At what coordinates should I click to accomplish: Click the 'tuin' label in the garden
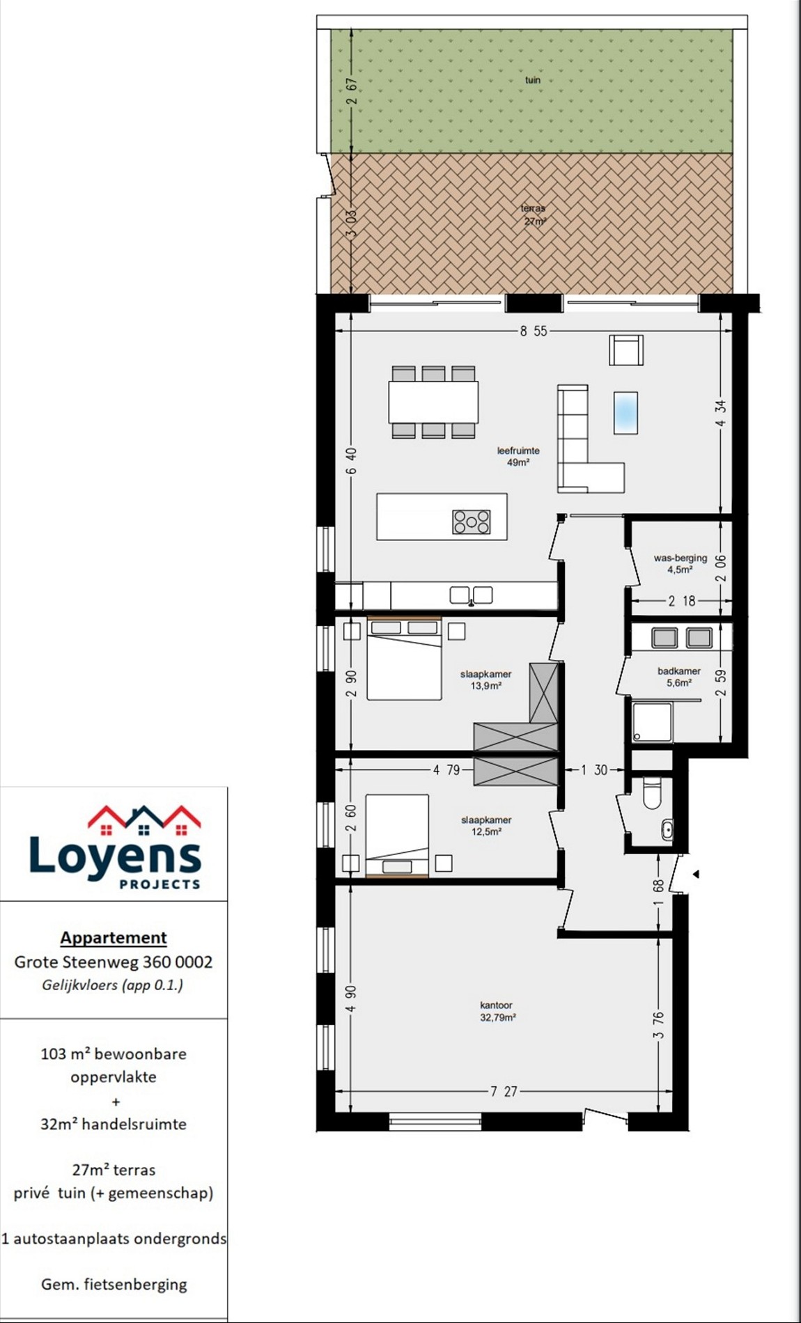coord(533,80)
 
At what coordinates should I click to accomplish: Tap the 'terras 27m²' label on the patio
coord(534,214)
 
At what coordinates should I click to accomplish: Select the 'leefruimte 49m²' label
coord(518,456)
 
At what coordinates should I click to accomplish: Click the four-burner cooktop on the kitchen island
coord(472,522)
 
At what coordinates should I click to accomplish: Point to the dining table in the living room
coord(433,402)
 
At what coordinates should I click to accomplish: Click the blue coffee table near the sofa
coord(625,413)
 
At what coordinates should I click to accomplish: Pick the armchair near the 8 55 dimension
coord(626,350)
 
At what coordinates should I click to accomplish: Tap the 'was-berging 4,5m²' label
coord(680,563)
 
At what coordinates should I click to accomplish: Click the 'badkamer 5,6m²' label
coord(679,677)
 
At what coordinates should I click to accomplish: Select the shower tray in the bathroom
coord(653,723)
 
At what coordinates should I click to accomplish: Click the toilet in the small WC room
coord(652,793)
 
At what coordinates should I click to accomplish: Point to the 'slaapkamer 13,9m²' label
coord(486,680)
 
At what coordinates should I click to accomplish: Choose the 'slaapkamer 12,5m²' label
coord(486,826)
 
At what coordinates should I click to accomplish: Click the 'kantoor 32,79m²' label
coord(497,1011)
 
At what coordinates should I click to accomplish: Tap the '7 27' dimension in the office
coord(504,1091)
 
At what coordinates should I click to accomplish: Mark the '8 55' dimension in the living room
coord(534,331)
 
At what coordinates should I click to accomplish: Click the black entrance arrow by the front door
coord(695,874)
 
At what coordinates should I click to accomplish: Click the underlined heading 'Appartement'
coord(114,938)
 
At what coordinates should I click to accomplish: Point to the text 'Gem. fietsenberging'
coord(114,1285)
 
